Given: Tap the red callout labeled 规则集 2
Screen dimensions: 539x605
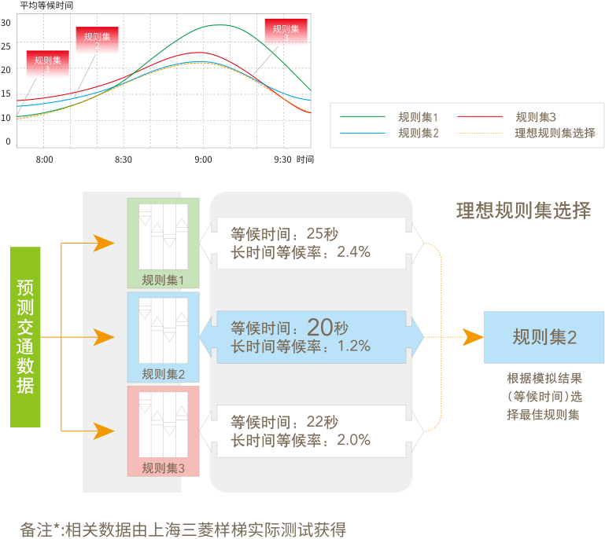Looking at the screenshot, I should tap(97, 41).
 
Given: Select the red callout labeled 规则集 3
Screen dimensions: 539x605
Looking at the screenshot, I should tap(286, 33).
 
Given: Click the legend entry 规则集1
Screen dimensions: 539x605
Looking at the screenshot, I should tap(418, 117).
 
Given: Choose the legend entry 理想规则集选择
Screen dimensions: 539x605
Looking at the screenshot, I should tap(555, 133).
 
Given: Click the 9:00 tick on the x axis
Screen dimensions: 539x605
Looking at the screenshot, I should tap(203, 159).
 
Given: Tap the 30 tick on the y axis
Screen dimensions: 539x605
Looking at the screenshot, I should tap(6, 23).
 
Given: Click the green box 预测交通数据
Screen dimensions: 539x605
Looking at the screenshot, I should tap(25, 337).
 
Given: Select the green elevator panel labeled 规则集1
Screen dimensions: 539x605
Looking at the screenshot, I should tap(163, 243).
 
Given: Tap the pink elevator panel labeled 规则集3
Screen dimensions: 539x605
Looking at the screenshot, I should tap(163, 431).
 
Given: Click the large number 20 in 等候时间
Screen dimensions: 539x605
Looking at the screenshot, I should tap(321, 327).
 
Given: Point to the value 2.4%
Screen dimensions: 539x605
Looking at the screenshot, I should tap(353, 252).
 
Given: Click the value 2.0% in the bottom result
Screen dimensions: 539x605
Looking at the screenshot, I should tap(353, 440).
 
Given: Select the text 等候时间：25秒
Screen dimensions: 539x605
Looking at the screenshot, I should tap(284, 234).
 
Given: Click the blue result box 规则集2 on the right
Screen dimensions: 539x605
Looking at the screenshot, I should tap(544, 337).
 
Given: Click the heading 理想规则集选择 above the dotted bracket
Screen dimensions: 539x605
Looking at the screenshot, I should tap(523, 211).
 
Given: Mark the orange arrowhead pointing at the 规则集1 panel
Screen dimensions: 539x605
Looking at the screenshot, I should tap(105, 243).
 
